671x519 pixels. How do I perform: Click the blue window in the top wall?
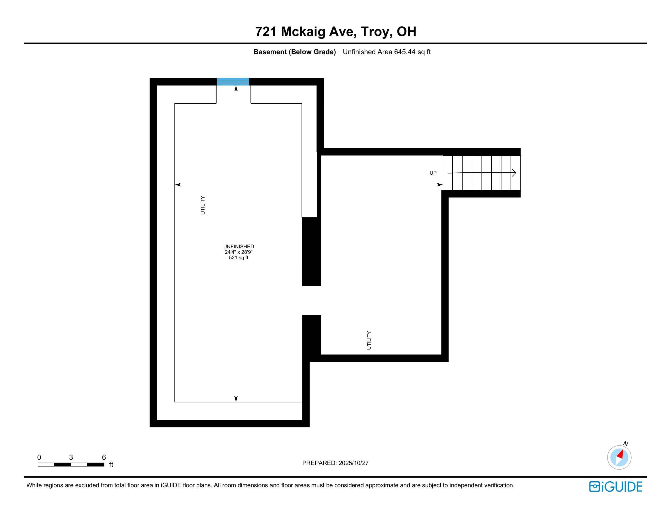(233, 82)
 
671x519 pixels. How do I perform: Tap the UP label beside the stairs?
(433, 173)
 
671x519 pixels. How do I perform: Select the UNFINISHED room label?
(238, 247)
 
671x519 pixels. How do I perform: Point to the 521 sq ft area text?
(238, 258)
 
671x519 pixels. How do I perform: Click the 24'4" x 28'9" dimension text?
(238, 252)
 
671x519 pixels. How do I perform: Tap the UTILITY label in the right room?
(369, 340)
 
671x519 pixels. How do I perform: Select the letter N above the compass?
(626, 444)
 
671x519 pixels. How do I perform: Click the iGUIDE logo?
(616, 487)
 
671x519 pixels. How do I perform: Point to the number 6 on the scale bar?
(104, 457)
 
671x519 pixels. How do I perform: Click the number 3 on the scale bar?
(71, 457)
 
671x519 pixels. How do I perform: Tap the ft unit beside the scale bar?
(111, 465)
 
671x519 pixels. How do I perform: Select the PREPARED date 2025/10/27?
(353, 463)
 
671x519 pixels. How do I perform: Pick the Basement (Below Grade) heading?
(294, 52)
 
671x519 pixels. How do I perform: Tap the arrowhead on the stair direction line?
(514, 173)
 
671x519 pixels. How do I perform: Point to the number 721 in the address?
(266, 32)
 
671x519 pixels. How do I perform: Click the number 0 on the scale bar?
(39, 457)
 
